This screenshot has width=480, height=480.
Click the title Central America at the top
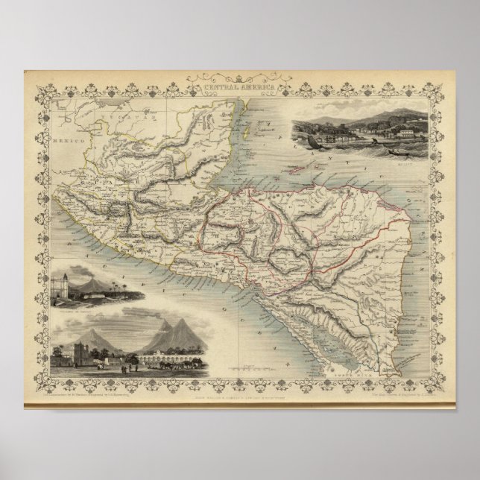click(241, 88)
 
